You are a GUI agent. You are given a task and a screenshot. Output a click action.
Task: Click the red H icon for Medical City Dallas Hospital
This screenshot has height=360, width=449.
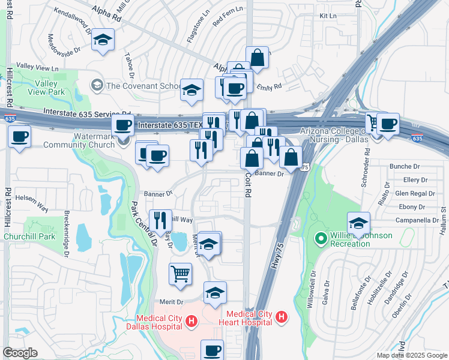[x=191, y=322]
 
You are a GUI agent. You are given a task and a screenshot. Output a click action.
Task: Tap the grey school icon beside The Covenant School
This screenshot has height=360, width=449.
[x=96, y=86]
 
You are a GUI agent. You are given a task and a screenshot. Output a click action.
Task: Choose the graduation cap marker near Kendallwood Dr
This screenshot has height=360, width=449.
[x=103, y=41]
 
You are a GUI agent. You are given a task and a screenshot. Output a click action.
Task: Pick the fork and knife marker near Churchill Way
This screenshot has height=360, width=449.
[x=160, y=220]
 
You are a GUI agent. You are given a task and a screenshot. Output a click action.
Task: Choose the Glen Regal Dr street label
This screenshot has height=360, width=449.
[x=415, y=193]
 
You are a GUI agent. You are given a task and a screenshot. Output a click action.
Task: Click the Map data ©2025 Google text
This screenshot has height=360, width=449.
[x=411, y=355]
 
